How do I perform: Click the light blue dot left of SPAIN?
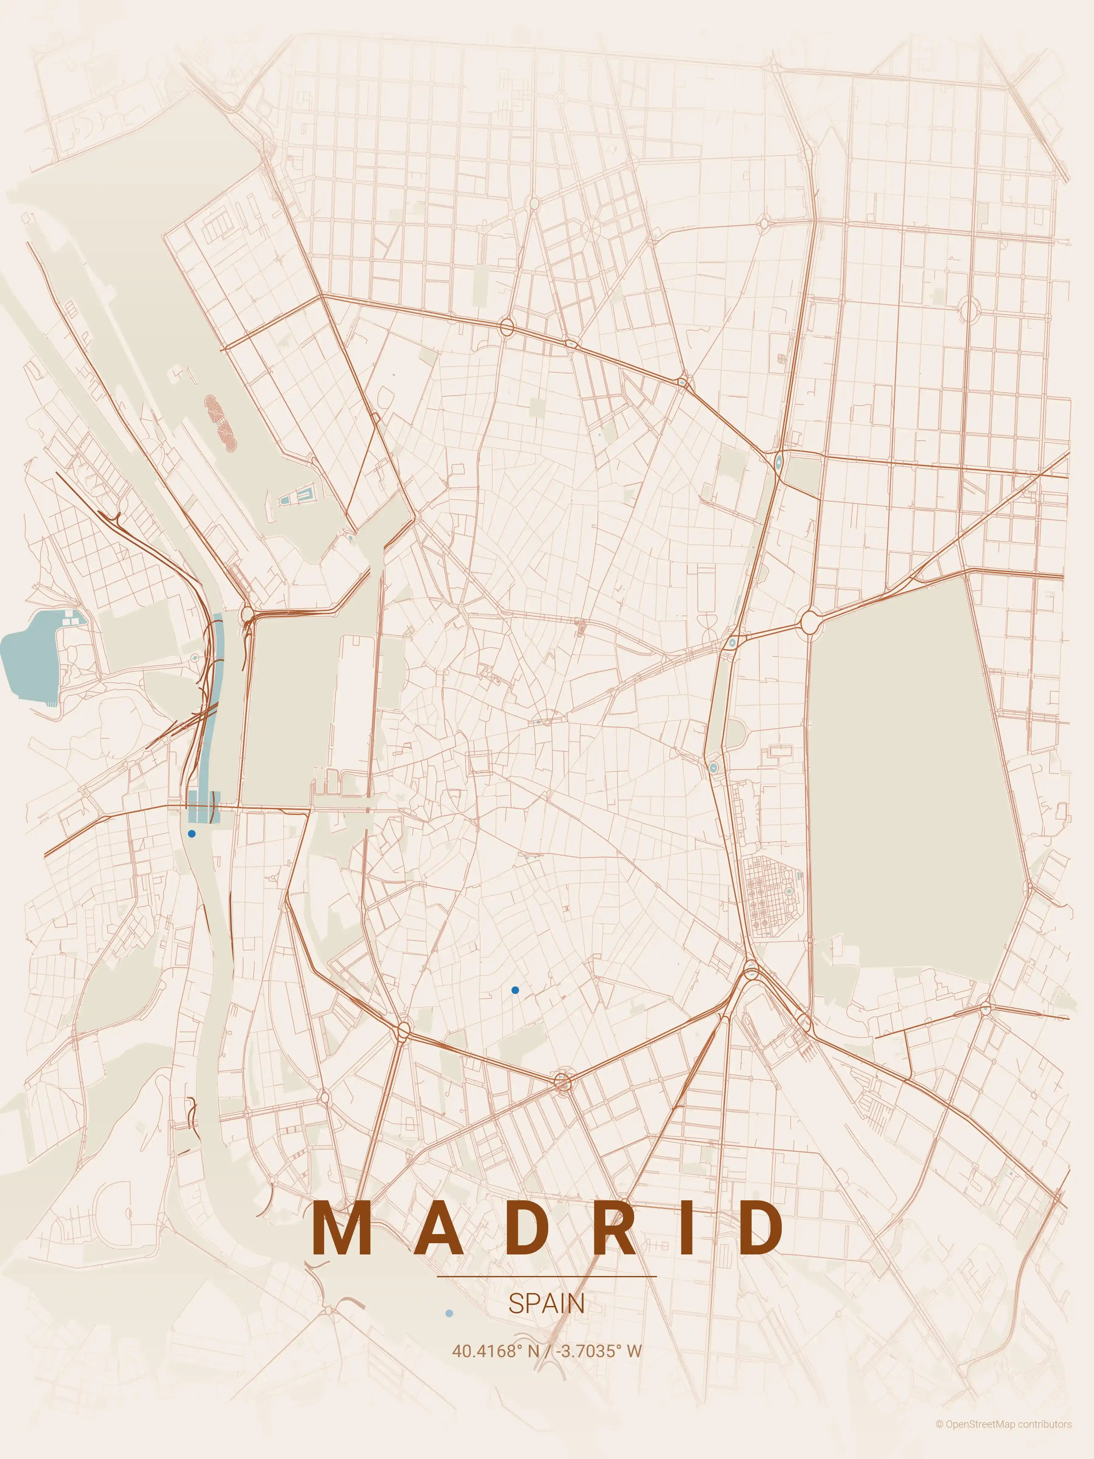click(x=450, y=1313)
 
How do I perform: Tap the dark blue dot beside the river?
click(x=192, y=834)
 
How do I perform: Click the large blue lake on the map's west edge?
click(x=30, y=660)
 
